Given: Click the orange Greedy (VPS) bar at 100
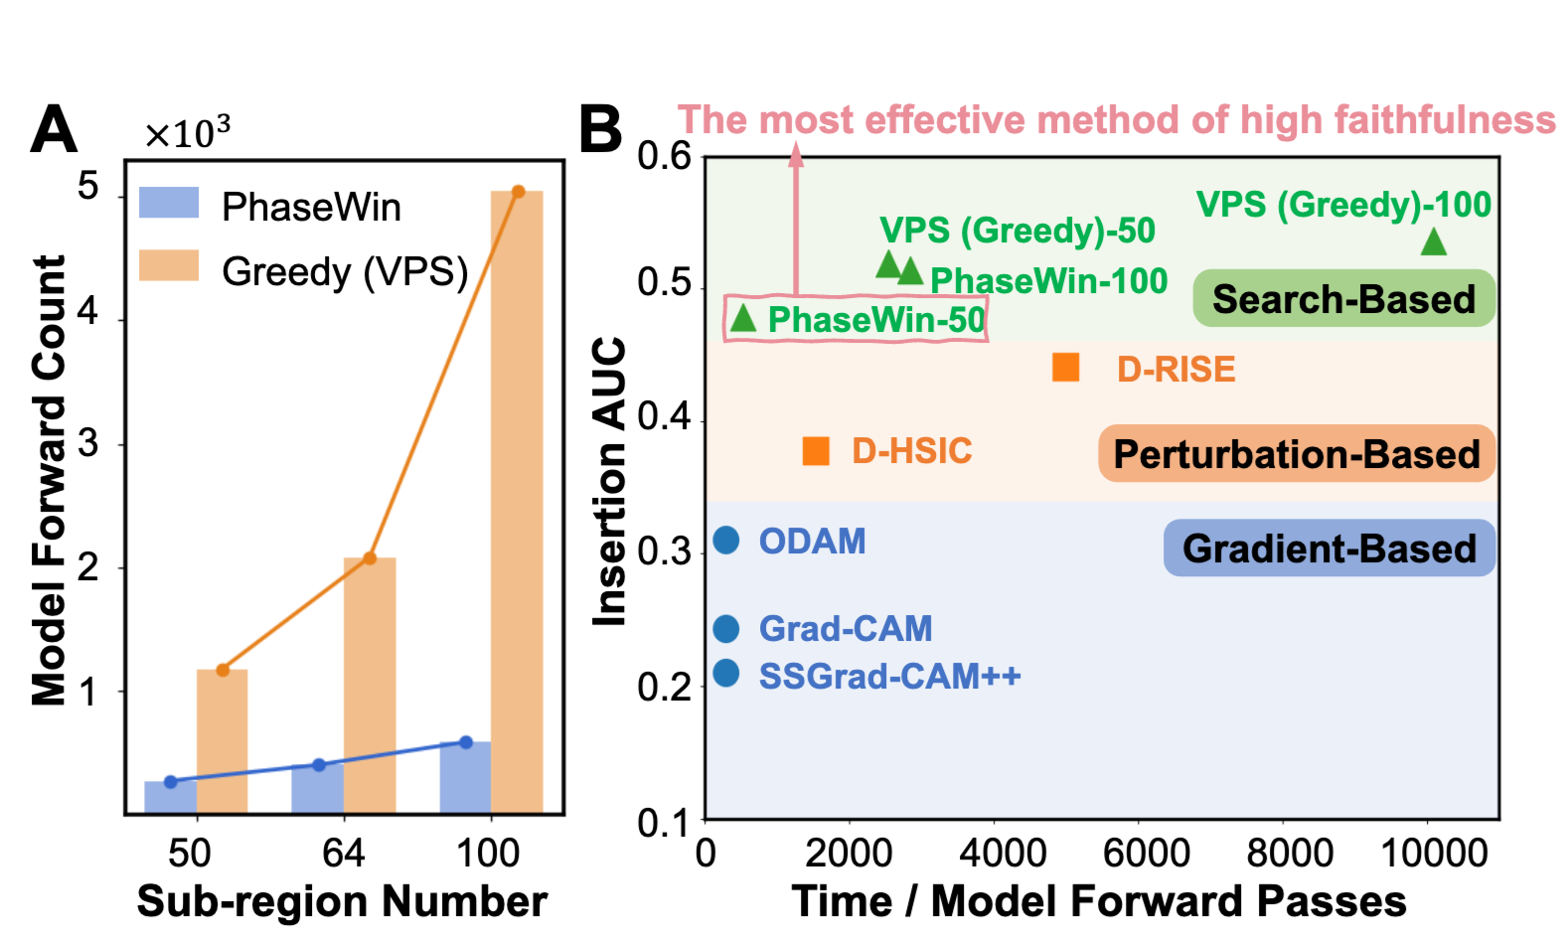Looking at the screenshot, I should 517,502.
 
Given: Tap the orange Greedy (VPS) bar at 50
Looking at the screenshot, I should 223,740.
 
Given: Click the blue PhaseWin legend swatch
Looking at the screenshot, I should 169,203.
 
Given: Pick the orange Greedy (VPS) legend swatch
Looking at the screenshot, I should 169,266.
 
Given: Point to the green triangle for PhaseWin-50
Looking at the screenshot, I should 743,319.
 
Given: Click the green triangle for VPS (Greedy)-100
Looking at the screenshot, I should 1433,241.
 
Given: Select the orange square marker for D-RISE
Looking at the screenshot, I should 1065,368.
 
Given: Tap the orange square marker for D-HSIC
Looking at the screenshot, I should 816,451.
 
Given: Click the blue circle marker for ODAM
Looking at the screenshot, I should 726,541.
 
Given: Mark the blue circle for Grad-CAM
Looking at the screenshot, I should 726,628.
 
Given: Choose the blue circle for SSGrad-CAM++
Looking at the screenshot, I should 726,674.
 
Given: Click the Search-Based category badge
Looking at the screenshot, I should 1343,298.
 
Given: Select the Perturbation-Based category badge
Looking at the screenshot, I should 1296,454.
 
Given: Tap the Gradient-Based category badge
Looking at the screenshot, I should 1329,548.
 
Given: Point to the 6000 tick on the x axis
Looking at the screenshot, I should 1147,853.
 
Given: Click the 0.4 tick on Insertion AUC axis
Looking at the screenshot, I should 664,417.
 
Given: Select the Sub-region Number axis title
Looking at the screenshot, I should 342,901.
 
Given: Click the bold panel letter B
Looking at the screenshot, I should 600,130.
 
